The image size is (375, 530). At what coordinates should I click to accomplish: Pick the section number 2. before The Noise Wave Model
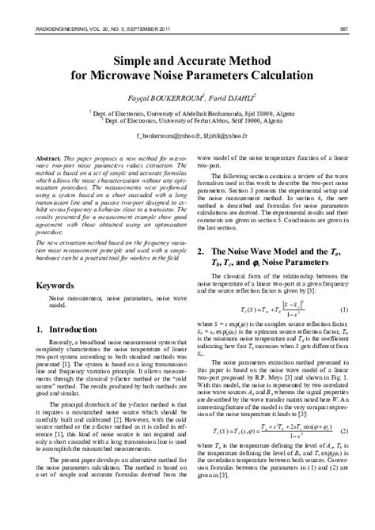pos(200,228)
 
